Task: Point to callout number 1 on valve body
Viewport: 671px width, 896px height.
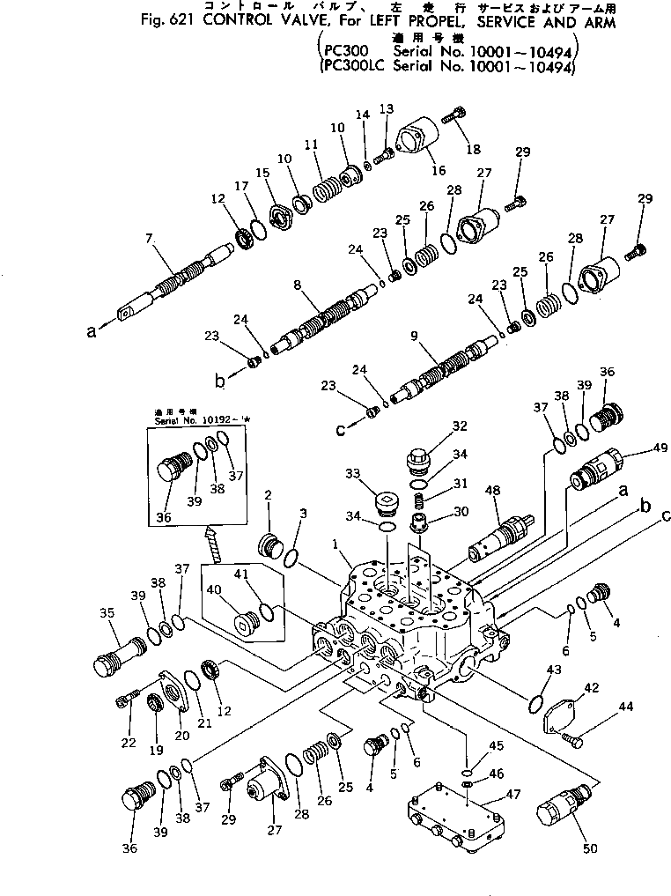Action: point(336,545)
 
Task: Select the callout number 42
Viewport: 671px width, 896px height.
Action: point(591,686)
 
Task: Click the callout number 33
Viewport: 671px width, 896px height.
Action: point(354,473)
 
